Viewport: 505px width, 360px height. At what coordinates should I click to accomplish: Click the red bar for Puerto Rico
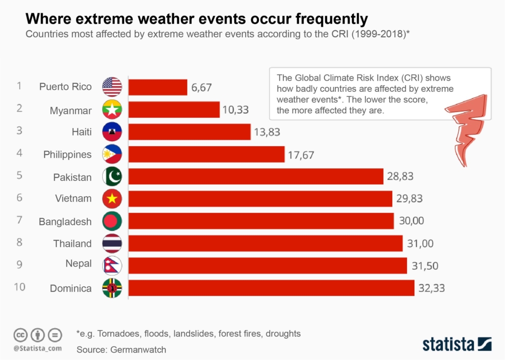(158, 87)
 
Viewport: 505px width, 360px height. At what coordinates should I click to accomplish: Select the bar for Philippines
(206, 154)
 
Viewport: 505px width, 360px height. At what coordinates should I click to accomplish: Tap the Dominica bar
(272, 288)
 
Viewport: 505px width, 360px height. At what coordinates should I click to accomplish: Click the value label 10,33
(235, 110)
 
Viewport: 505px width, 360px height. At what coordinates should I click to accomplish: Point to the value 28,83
(400, 177)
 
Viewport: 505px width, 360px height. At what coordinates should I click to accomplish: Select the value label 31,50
(425, 266)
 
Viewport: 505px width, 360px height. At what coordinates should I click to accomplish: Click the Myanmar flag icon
(112, 110)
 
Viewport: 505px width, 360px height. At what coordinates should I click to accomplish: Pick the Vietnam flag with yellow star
(112, 199)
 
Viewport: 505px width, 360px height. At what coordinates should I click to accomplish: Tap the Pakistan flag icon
(112, 177)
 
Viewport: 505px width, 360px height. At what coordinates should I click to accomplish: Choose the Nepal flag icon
(112, 265)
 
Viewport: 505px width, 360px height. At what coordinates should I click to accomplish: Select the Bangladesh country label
(65, 222)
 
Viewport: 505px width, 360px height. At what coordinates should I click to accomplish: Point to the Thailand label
(72, 244)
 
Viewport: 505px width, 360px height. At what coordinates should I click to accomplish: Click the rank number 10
(20, 287)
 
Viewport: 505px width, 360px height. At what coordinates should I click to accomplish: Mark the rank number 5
(19, 175)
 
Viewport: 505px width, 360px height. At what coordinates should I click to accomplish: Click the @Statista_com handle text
(37, 348)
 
